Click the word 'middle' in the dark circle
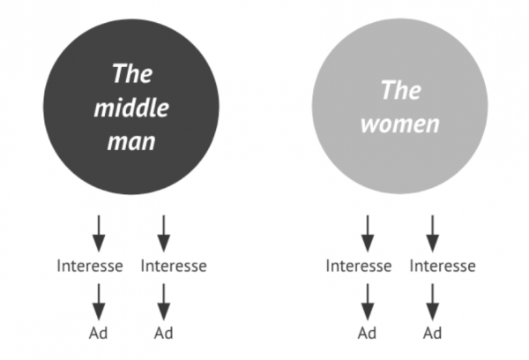131,108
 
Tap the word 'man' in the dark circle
131,142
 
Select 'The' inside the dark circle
132,73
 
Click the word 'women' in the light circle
400,124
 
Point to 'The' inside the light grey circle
401,90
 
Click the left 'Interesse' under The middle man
90,266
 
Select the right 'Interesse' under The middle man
174,266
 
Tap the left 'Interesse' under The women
359,266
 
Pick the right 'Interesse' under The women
443,266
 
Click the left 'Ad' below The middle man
98,333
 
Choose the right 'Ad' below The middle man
164,333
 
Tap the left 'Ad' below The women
367,333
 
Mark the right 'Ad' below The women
433,333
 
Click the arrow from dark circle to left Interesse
99,233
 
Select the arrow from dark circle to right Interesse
164,233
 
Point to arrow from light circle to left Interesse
368,233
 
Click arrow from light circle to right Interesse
433,233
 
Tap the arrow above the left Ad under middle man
99,302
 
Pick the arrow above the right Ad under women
433,302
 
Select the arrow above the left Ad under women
368,302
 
